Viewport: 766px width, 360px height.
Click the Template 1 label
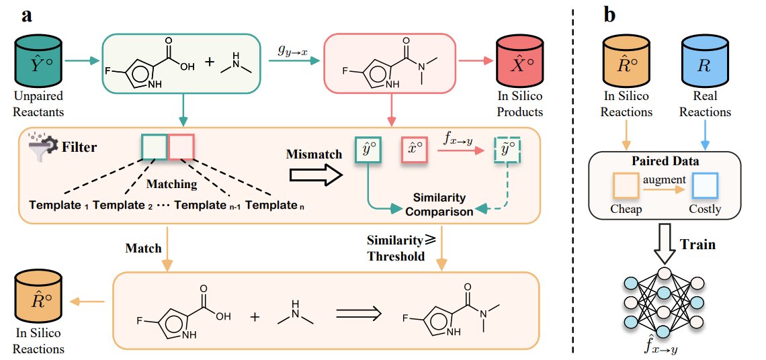59,205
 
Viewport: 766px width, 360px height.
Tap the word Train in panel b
698,244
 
